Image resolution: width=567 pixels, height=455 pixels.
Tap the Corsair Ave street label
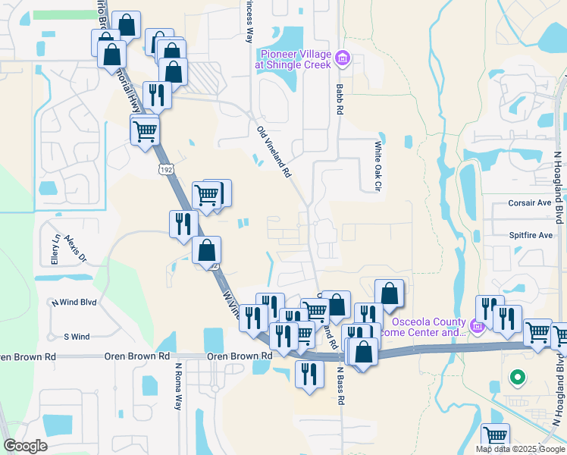point(529,203)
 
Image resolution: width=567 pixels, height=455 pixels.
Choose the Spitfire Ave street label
point(530,235)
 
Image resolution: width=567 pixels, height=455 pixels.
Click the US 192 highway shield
point(164,171)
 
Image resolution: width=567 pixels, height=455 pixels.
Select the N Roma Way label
point(179,387)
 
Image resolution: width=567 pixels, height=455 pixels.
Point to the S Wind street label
point(77,337)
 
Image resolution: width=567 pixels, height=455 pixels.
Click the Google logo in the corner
point(25,446)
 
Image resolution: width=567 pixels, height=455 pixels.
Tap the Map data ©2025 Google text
point(519,449)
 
